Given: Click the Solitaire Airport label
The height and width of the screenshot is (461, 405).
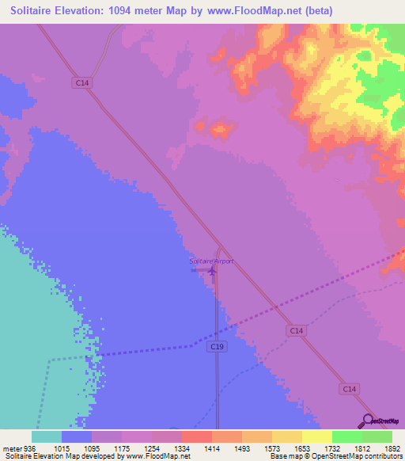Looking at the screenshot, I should click(x=211, y=261).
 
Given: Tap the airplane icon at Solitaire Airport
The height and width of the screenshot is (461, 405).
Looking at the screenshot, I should click(x=212, y=271).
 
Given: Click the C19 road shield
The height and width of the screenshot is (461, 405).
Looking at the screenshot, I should click(x=218, y=347).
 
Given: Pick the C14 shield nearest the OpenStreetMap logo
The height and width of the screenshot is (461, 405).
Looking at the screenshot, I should click(x=350, y=389).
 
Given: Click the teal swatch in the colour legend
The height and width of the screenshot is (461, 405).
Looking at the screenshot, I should click(x=47, y=436).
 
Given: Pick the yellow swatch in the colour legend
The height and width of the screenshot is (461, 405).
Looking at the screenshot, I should click(x=316, y=436).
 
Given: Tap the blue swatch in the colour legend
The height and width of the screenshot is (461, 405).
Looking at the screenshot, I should click(x=77, y=436).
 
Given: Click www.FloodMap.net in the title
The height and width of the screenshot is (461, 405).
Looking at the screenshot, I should click(x=252, y=11).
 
